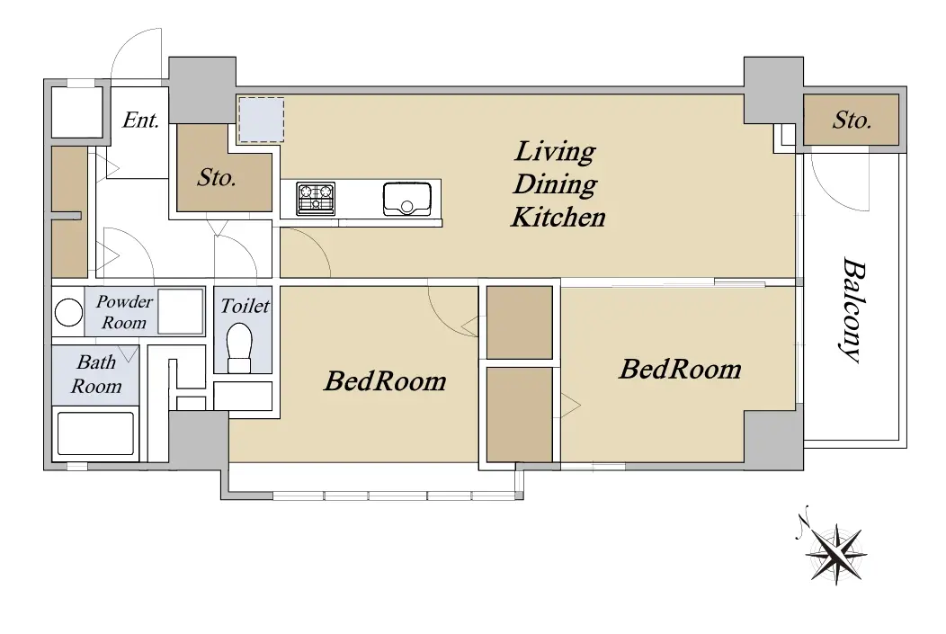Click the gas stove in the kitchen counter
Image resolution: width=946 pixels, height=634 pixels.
[x=316, y=199]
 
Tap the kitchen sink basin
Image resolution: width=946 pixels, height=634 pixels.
[x=407, y=199]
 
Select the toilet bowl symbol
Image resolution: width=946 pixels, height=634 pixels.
[x=239, y=348]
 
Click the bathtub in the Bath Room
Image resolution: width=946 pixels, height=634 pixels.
[x=95, y=433]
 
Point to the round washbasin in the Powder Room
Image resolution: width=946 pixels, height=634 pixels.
[x=68, y=313]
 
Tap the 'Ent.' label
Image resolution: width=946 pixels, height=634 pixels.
[x=140, y=120]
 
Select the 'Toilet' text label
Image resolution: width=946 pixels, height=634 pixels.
[x=245, y=306]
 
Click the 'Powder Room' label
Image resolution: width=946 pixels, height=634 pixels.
[x=124, y=312]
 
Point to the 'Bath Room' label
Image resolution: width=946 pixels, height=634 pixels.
[x=96, y=374]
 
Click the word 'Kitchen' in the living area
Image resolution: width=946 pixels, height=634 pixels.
[x=558, y=217]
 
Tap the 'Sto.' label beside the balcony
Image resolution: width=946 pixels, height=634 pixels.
[x=852, y=121]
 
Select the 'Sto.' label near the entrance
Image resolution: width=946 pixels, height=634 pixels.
[x=217, y=177]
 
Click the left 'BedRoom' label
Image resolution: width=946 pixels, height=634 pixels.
[x=385, y=381]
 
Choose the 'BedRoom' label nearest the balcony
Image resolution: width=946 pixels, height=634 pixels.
[x=680, y=370]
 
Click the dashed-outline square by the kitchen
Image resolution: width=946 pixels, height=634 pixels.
[x=262, y=120]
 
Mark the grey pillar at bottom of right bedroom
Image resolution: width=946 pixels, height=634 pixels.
[x=773, y=441]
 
